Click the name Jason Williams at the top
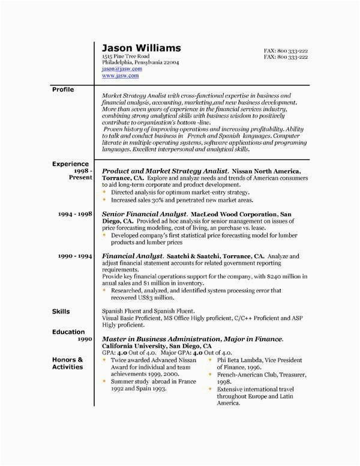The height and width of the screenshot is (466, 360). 142,48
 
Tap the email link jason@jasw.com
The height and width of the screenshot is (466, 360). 122,69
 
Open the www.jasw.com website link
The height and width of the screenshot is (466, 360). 120,76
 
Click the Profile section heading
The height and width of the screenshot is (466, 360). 63,89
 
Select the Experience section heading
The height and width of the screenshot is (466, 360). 70,163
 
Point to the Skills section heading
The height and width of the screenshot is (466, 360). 61,312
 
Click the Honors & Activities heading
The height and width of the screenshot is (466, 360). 67,363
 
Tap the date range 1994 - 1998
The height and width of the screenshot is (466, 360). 75,214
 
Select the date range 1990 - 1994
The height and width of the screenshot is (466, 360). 75,256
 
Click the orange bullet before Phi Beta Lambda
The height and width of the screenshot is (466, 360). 211,360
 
